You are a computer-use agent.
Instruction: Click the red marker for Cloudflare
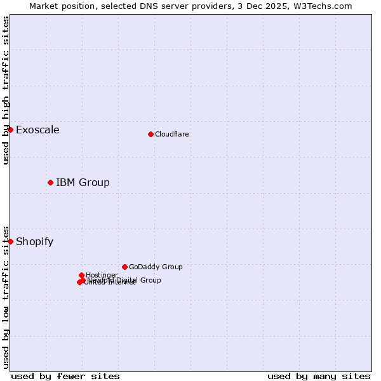[150, 134]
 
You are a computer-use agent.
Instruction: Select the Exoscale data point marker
[10, 130]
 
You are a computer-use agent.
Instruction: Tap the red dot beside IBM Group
[50, 182]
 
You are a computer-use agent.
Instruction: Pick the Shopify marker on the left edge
[10, 241]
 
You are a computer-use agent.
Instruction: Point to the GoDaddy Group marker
[124, 267]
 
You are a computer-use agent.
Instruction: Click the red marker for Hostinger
[81, 275]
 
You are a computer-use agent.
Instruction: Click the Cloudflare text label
[172, 134]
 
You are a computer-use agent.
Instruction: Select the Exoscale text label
[37, 130]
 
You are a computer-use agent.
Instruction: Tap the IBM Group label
[83, 183]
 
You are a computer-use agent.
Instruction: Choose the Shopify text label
[34, 242]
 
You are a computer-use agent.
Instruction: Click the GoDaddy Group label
[156, 267]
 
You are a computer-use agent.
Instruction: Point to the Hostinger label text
[102, 275]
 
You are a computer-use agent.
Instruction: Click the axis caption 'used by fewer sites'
[65, 377]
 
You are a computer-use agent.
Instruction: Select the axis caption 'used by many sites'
[319, 377]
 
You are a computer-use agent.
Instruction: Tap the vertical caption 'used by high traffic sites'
[6, 90]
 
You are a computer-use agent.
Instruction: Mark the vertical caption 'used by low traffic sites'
[6, 297]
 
